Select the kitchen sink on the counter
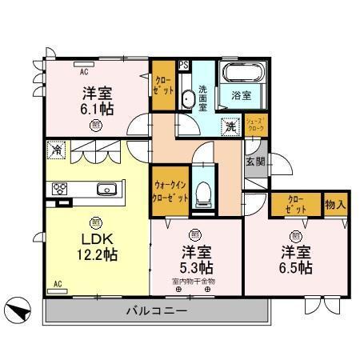(x=107, y=190)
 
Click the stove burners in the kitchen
(x=58, y=190)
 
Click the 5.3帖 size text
(x=195, y=266)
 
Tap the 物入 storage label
(x=335, y=204)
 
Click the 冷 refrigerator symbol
(x=56, y=148)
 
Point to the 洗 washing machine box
(x=230, y=125)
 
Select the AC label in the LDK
(x=58, y=283)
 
